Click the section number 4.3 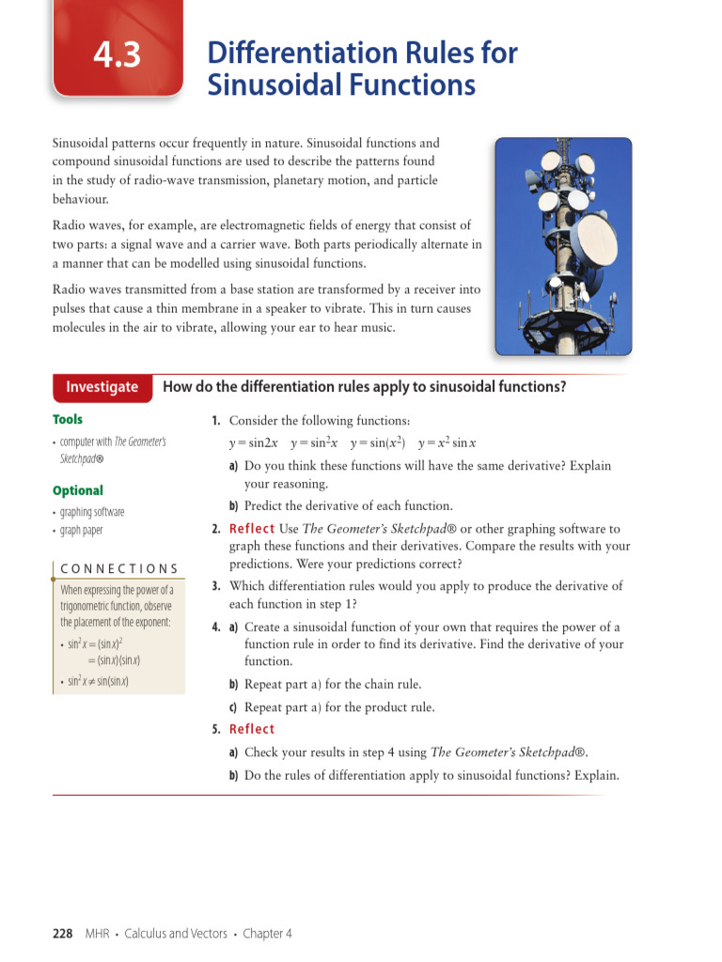(x=117, y=55)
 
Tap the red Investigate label (x=102, y=387)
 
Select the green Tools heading (x=68, y=420)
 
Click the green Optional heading (x=78, y=490)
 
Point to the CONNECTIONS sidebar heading (x=118, y=568)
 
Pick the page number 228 (x=63, y=934)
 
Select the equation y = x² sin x (x=447, y=443)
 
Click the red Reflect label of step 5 (x=252, y=729)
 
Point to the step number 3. (x=216, y=586)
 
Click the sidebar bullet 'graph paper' (x=82, y=530)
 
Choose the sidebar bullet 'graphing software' (x=92, y=512)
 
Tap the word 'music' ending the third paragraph (x=375, y=328)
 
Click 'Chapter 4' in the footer (x=268, y=934)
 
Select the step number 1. (x=216, y=421)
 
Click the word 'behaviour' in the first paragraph (x=80, y=200)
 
